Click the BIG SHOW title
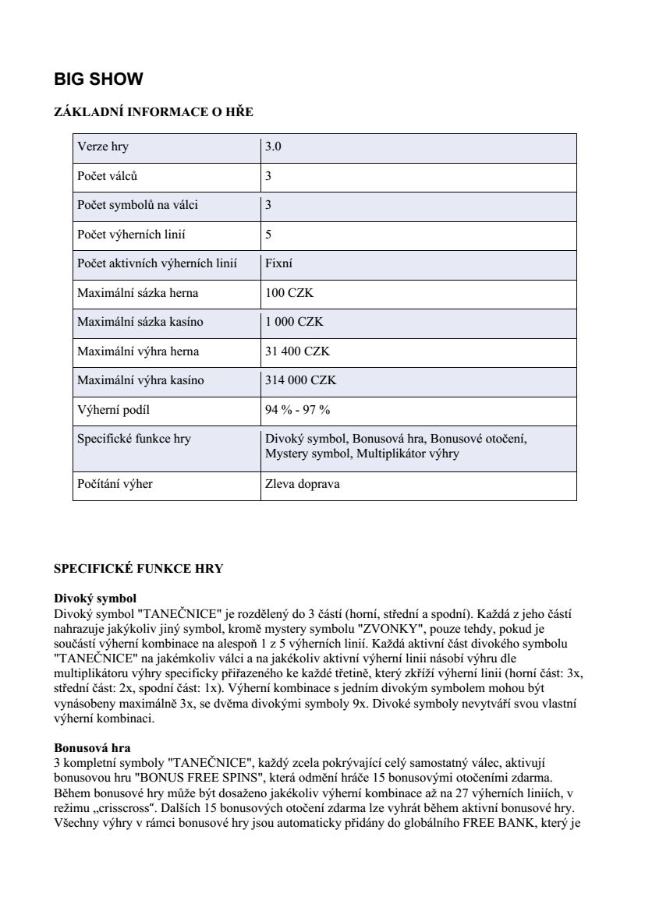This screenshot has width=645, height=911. (x=98, y=79)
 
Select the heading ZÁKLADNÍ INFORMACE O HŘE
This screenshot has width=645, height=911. (x=153, y=112)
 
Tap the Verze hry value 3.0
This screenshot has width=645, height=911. (x=273, y=147)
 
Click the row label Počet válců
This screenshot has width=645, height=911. (x=108, y=176)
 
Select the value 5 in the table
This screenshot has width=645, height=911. (x=268, y=235)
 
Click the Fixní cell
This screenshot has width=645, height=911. (x=279, y=263)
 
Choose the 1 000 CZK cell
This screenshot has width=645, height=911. (x=294, y=322)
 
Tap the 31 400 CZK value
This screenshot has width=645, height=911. (x=297, y=351)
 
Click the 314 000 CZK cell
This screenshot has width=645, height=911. (x=300, y=380)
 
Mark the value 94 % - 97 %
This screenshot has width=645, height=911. (x=298, y=410)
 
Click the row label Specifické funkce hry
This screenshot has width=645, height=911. (x=134, y=439)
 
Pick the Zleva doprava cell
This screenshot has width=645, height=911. (x=303, y=484)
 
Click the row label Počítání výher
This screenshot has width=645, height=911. (x=115, y=484)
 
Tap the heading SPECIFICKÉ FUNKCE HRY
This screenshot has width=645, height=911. (x=138, y=569)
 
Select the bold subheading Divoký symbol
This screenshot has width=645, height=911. (x=94, y=599)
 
